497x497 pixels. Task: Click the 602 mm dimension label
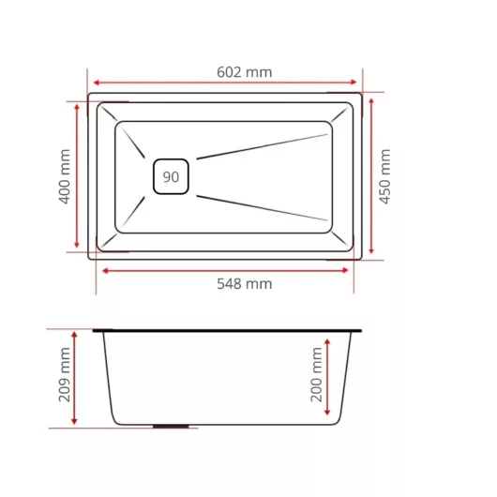tap(245, 72)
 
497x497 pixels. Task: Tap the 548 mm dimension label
tap(245, 284)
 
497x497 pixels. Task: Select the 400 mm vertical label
tap(65, 176)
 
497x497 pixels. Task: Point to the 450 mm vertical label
tap(385, 176)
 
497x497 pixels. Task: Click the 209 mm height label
tap(65, 375)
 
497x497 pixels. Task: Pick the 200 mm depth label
tap(316, 375)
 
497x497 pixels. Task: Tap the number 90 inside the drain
tap(171, 177)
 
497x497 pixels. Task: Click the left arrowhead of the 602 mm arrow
tap(97, 83)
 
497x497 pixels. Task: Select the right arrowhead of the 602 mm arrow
tap(354, 83)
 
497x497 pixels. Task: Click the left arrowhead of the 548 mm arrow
tap(106, 271)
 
